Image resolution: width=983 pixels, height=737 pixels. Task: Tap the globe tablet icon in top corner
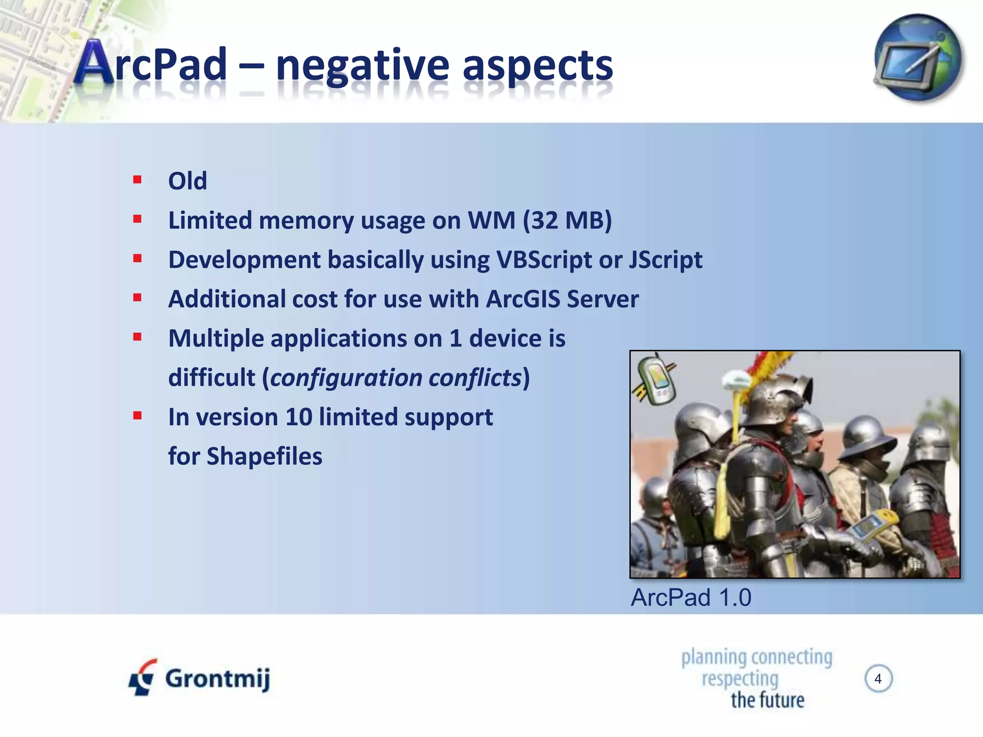pos(917,58)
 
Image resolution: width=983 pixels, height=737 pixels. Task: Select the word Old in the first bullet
pos(187,181)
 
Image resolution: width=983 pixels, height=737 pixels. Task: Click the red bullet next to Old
pos(138,180)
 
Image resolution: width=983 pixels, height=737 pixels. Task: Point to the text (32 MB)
pos(567,221)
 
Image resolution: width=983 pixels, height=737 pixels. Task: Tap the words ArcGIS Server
pos(562,299)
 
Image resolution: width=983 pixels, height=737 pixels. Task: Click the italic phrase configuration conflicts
pos(396,378)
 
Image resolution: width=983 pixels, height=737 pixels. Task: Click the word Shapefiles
pos(264,456)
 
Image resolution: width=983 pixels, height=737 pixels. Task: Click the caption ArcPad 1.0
pos(691,598)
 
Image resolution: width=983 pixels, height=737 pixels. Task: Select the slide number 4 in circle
pos(878,679)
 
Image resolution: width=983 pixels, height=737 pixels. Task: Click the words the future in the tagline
pos(767,700)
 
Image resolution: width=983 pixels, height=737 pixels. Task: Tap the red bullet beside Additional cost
pos(138,298)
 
